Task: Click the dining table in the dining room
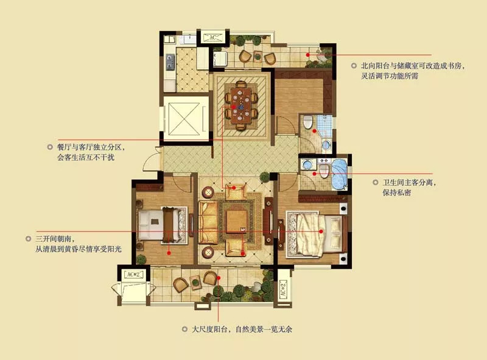tap(241, 105)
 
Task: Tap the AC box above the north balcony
tap(212, 38)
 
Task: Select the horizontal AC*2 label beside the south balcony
tap(135, 275)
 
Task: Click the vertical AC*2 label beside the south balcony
tap(282, 289)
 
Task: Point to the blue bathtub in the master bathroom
tap(339, 174)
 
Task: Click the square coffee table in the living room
tap(237, 221)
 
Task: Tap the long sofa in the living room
tap(208, 222)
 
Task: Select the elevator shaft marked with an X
tap(184, 118)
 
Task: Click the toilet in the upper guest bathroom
tap(308, 122)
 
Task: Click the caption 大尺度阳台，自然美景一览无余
tap(242, 329)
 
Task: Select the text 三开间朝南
tap(55, 239)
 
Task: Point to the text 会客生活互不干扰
tap(86, 157)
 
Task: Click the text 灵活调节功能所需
tap(390, 76)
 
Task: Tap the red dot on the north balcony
tap(308, 55)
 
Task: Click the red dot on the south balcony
tap(219, 278)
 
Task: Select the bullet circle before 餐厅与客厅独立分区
tap(50, 147)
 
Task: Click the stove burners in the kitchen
tap(170, 62)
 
